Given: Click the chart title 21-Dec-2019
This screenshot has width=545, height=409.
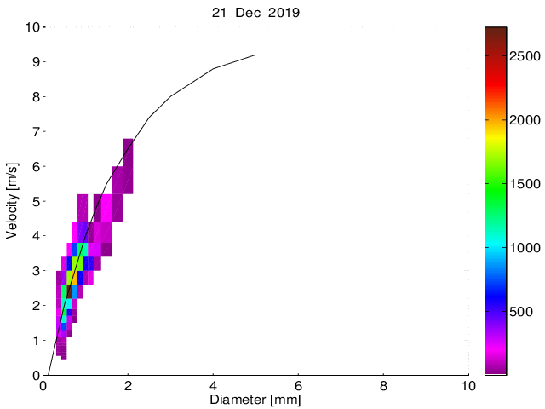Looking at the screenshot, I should [x=256, y=13].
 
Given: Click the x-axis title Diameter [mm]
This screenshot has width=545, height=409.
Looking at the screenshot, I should [x=256, y=399].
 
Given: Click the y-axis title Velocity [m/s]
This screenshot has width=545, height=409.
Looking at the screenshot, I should [x=12, y=201].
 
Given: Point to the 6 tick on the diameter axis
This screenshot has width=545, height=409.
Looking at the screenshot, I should [x=298, y=386].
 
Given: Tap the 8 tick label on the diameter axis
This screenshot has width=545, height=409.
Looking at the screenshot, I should [x=383, y=386].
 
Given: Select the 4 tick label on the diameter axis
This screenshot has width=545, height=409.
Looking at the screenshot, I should [x=213, y=386].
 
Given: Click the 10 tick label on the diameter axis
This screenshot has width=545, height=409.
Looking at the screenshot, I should [x=468, y=386].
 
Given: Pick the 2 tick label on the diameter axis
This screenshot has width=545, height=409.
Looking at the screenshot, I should [x=128, y=386].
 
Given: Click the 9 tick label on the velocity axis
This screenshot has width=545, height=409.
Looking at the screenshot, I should [x=35, y=62].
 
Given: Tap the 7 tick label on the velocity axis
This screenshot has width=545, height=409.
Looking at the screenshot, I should [x=35, y=132].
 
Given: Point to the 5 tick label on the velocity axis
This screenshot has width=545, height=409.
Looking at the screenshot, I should [x=35, y=201].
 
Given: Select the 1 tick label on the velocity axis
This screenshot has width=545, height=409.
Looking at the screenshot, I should [x=35, y=340].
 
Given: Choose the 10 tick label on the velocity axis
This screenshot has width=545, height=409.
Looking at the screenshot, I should [x=32, y=27].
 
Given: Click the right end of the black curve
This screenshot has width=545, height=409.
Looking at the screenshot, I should [x=255, y=55].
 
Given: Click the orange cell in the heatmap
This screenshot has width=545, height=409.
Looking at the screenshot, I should [x=72, y=278].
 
